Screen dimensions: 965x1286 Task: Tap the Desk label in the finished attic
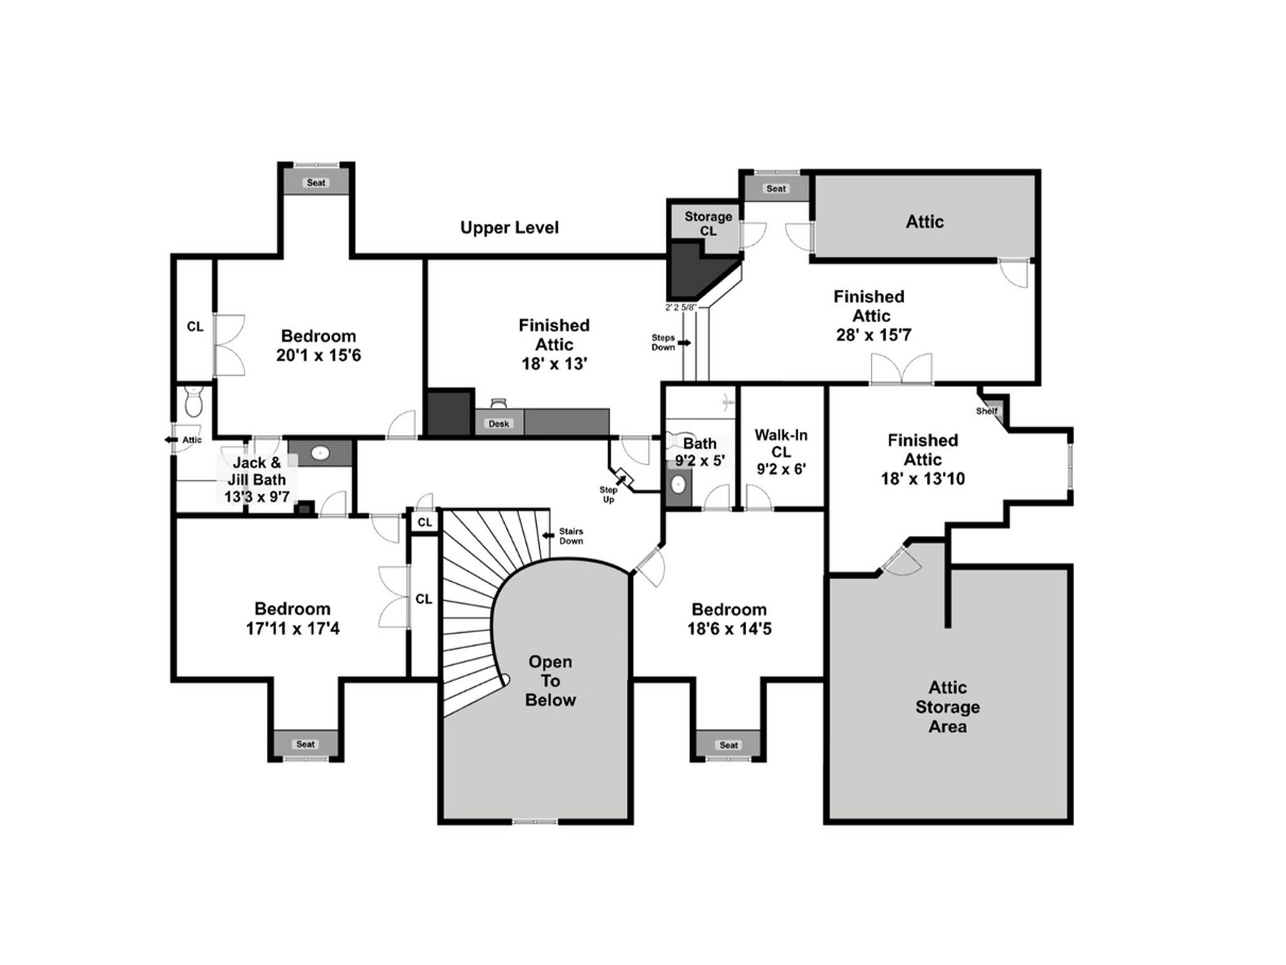(498, 423)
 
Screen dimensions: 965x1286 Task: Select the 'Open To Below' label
(550, 681)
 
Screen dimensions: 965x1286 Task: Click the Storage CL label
(708, 223)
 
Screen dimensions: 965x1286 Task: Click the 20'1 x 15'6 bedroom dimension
(318, 355)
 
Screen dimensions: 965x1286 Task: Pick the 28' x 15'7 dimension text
(873, 335)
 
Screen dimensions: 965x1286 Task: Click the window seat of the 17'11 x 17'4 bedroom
(305, 744)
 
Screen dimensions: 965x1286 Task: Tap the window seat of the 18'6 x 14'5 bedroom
(728, 745)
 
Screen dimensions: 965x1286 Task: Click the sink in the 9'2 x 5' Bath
(678, 483)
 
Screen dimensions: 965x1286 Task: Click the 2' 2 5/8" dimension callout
(680, 307)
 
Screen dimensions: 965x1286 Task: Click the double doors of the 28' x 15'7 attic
(901, 370)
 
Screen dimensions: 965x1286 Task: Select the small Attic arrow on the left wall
(170, 440)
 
